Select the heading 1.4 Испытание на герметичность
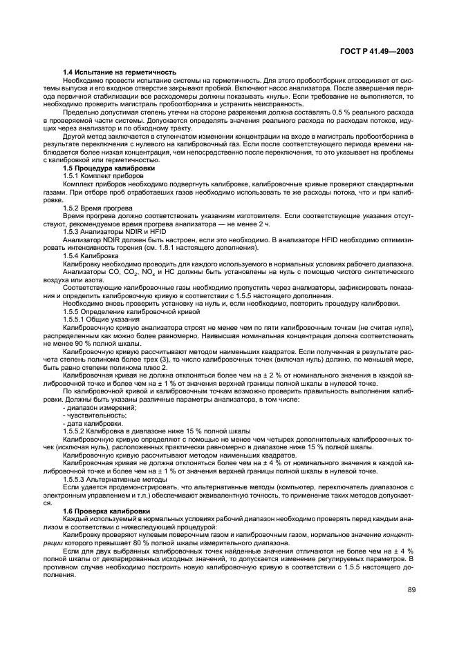click(119, 72)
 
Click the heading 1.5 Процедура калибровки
click(109, 168)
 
